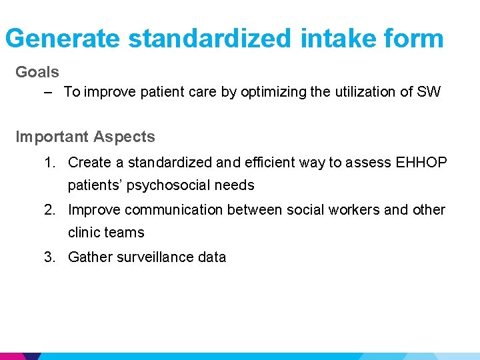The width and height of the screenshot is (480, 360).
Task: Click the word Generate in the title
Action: [x=63, y=39]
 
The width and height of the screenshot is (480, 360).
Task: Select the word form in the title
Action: [x=416, y=39]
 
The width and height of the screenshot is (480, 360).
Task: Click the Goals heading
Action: [x=37, y=72]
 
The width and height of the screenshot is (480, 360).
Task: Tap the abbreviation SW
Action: [x=429, y=92]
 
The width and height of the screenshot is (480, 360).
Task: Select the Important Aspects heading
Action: [x=85, y=137]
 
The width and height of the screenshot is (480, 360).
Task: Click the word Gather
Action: [x=90, y=257]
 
